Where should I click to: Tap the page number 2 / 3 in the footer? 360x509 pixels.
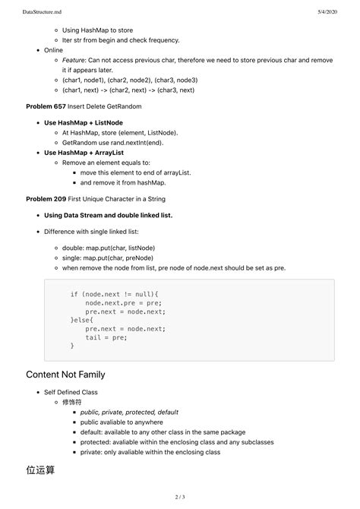[x=180, y=497]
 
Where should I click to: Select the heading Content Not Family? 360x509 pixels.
[x=65, y=374]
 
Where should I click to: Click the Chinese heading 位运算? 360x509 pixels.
[x=40, y=470]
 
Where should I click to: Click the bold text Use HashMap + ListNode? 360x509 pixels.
[x=84, y=122]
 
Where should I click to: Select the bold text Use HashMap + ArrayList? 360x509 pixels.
[x=84, y=152]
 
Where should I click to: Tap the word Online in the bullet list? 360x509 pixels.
[x=54, y=50]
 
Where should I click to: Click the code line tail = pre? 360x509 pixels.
[x=106, y=337]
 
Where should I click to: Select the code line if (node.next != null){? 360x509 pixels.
[x=115, y=294]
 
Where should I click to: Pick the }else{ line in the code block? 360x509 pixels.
[x=84, y=320]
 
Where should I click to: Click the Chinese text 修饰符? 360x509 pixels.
[x=72, y=402]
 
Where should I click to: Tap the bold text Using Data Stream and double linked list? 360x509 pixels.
[x=109, y=215]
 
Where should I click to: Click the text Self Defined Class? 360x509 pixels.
[x=71, y=392]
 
